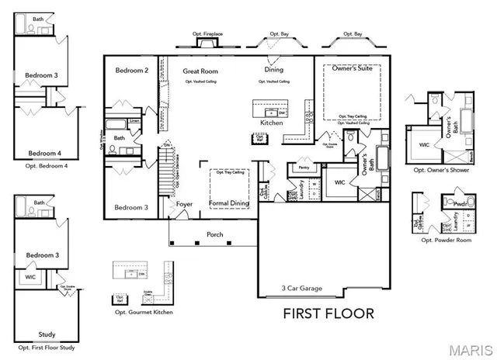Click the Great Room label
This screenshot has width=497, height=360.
point(200,71)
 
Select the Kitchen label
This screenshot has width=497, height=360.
point(271,123)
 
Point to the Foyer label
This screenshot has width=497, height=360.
point(184,205)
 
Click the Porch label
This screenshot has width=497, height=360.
point(214,234)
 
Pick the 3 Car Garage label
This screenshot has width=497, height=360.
point(301,288)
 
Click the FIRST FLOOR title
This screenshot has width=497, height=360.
point(328,313)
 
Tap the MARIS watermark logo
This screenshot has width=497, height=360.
point(464,347)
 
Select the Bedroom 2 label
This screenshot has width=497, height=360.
point(131,71)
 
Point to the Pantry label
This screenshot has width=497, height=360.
point(304,167)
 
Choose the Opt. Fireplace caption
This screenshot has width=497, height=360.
point(207,33)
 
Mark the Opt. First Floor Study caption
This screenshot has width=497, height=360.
point(47,348)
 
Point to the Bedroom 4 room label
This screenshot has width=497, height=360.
point(47,153)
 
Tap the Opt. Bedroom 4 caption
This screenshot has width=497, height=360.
point(47,165)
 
